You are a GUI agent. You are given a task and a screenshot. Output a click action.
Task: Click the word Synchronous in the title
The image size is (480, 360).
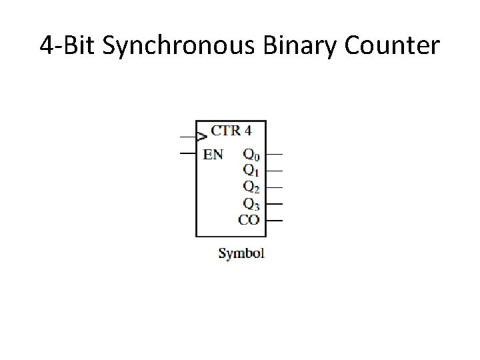tap(182, 47)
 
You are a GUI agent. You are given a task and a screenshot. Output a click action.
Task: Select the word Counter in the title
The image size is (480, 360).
tap(395, 47)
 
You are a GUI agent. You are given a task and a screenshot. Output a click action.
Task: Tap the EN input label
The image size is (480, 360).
tap(213, 155)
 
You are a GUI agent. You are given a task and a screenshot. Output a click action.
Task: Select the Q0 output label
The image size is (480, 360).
tap(251, 155)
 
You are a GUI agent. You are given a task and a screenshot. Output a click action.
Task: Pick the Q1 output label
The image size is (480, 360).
tap(251, 171)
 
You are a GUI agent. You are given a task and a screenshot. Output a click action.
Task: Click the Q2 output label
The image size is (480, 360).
tap(251, 187)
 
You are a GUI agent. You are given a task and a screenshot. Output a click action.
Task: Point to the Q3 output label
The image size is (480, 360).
tap(251, 203)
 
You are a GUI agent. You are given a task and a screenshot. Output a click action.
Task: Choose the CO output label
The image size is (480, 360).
tap(249, 219)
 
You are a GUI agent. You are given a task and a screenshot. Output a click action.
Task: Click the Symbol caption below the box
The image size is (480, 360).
tap(241, 253)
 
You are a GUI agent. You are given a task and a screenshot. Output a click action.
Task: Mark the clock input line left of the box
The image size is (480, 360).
tap(187, 137)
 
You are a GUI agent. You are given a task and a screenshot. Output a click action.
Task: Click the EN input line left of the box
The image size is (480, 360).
tap(187, 153)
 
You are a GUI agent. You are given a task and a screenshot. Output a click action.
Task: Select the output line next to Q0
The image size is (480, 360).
tap(274, 155)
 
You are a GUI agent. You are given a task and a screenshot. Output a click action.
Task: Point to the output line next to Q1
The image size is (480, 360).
tap(274, 171)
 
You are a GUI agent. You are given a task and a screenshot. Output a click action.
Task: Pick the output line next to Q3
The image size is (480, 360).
tap(274, 204)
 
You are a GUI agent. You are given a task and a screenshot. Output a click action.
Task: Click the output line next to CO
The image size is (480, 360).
tap(274, 220)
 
